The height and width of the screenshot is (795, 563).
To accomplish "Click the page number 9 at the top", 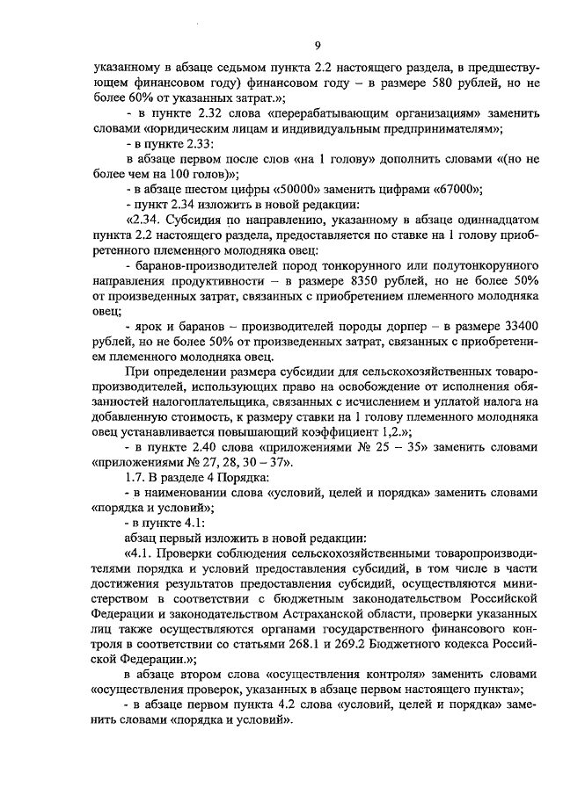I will (x=317, y=47).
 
